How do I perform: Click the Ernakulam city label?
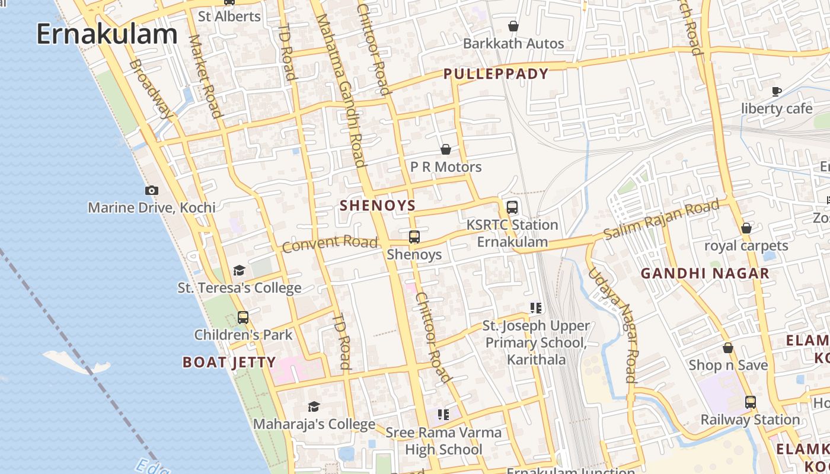pos(107,34)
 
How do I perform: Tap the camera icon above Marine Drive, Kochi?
pos(152,190)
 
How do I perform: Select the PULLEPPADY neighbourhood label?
pos(496,74)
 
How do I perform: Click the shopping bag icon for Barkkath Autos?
pos(513,26)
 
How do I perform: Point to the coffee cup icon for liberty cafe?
pos(777,91)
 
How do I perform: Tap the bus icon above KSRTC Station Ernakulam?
pos(512,207)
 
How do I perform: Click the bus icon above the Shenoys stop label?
pos(414,237)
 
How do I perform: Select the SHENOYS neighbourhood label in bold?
pos(378,206)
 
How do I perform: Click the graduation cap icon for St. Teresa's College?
pos(239,271)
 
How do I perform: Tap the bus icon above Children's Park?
pos(243,317)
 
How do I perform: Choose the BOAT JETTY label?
pos(229,362)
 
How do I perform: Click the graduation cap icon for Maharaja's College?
pos(314,406)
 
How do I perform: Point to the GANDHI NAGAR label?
pos(705,273)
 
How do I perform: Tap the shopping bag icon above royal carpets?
pos(746,228)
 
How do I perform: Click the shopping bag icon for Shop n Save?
pos(728,348)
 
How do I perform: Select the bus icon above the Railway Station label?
pos(751,402)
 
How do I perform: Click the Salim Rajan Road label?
pos(662,219)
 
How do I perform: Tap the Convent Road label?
pos(330,243)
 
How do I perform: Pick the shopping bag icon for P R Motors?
pos(446,149)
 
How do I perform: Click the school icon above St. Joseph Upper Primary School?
pos(536,308)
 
